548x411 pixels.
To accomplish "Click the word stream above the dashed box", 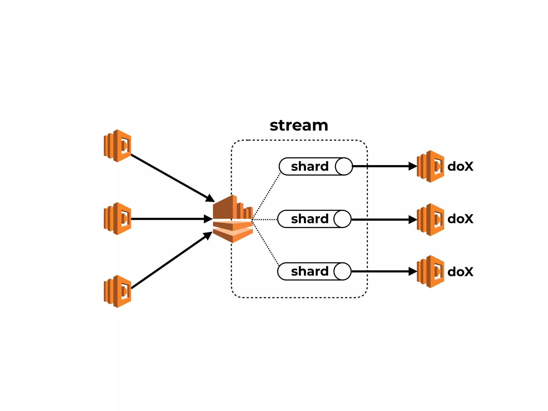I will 299,125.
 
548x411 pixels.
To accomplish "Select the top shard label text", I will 310,166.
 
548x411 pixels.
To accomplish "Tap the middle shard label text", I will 310,219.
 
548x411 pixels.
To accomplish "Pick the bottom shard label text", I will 310,271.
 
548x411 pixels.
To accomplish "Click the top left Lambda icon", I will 118,146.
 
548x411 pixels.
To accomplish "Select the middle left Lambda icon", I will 118,219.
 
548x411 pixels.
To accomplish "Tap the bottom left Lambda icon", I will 118,291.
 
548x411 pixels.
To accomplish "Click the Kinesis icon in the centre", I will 233,219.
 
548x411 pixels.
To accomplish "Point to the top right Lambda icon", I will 431,166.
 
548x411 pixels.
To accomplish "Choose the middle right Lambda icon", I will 431,220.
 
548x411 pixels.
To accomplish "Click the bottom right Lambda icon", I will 431,272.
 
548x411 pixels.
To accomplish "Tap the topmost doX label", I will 460,166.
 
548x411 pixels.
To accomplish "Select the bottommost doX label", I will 460,272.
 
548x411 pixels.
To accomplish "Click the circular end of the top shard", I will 344,166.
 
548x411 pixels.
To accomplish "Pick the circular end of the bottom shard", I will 342,271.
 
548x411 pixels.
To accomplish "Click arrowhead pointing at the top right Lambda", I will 413,166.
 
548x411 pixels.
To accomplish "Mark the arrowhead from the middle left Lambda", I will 208,219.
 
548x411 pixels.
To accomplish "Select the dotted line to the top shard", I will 266,196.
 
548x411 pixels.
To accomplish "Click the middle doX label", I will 460,219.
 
